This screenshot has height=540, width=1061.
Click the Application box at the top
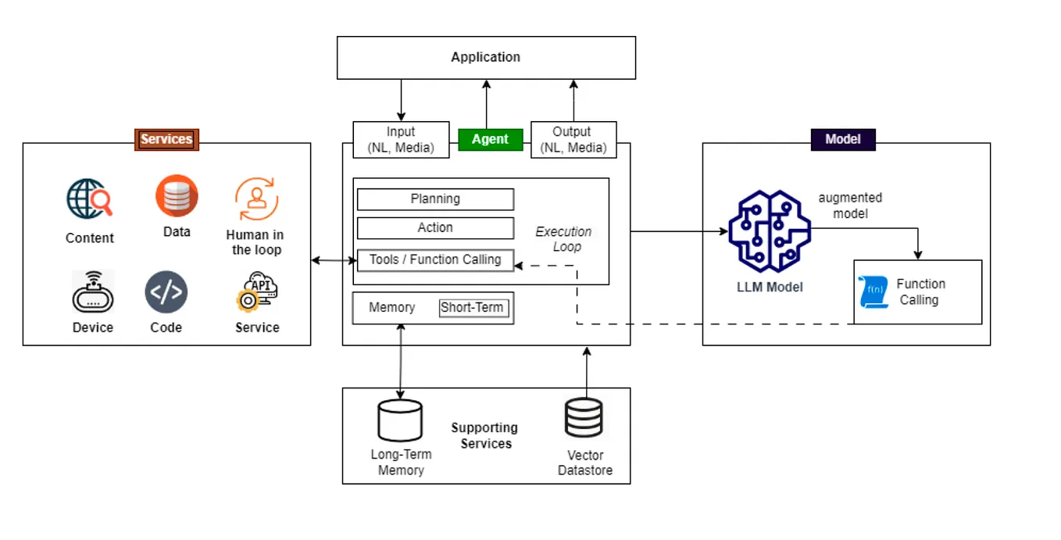(x=485, y=57)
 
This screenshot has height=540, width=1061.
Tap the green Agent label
(x=490, y=140)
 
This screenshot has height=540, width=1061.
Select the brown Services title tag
(x=166, y=140)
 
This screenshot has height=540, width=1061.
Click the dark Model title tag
(x=842, y=139)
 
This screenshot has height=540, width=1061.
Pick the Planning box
(x=435, y=199)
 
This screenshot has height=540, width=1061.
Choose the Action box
(x=435, y=228)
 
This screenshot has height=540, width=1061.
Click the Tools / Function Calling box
(x=435, y=259)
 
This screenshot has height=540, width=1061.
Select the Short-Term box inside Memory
(x=472, y=308)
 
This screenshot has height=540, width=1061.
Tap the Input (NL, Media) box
(x=401, y=140)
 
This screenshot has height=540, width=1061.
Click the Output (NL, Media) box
(x=573, y=140)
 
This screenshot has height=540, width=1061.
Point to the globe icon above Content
(x=89, y=198)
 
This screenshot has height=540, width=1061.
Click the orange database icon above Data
(x=177, y=195)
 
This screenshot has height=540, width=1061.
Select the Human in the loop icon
(x=255, y=199)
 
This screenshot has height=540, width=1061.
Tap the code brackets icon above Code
(x=166, y=293)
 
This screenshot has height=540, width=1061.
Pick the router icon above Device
(x=93, y=293)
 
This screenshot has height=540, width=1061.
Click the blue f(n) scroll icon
(x=873, y=291)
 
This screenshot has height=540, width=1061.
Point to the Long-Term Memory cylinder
(x=400, y=420)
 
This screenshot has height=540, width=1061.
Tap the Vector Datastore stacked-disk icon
(x=584, y=419)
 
